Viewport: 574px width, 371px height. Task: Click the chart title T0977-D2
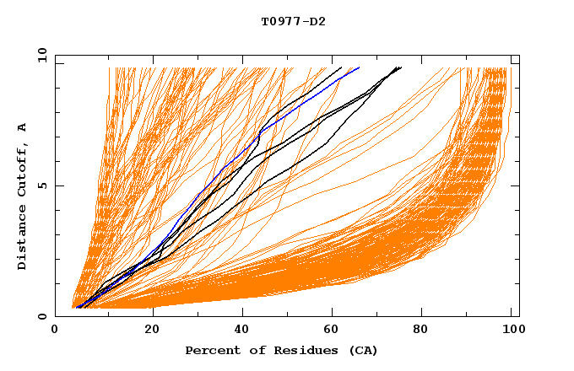[293, 21]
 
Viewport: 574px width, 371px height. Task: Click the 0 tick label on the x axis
[56, 331]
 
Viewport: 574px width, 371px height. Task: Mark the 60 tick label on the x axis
[333, 331]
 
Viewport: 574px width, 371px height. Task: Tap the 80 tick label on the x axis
[426, 331]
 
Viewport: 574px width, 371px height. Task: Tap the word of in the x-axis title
[256, 350]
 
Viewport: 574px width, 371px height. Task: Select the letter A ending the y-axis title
[22, 126]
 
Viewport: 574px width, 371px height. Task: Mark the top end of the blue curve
[360, 67]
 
